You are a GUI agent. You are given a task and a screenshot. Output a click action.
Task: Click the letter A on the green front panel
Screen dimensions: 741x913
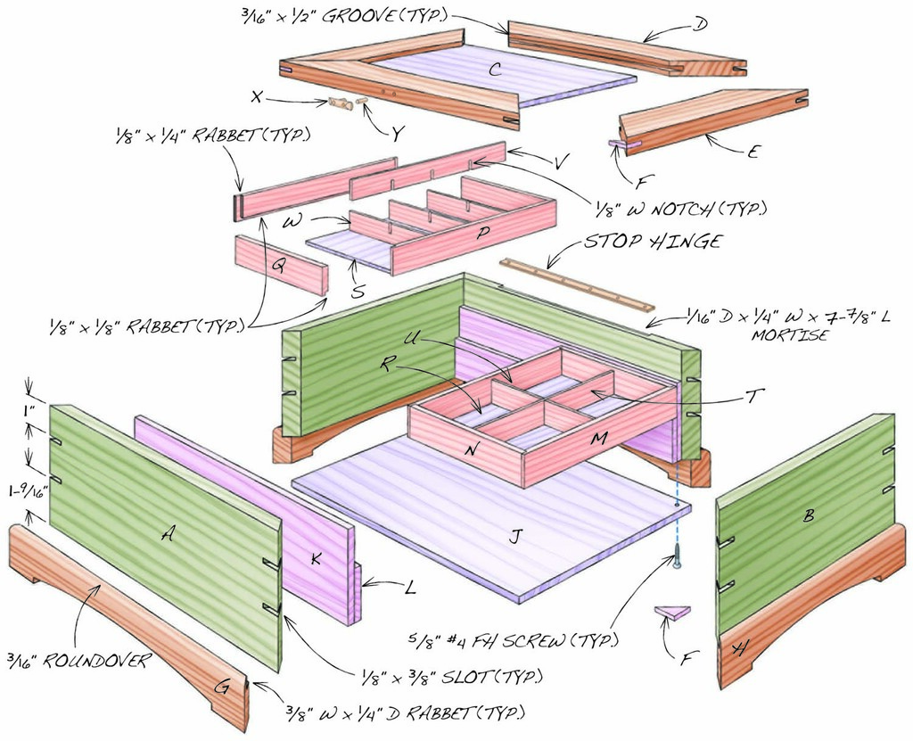click(x=166, y=533)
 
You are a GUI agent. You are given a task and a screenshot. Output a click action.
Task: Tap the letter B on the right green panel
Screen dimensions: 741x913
click(x=809, y=515)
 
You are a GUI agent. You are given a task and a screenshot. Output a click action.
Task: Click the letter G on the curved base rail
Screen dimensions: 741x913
click(x=223, y=687)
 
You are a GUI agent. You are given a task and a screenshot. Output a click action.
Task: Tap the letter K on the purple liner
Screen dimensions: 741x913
click(x=316, y=559)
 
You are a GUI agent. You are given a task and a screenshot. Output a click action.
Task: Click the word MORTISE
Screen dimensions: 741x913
click(x=787, y=337)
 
